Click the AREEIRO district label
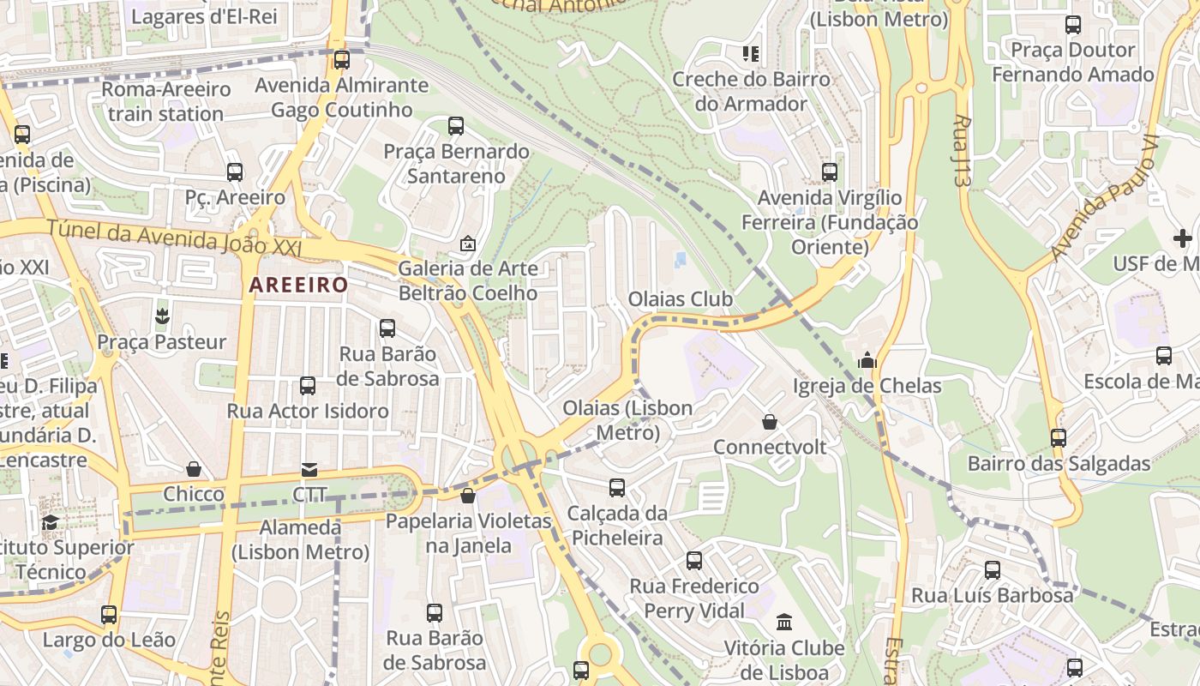pyautogui.click(x=298, y=286)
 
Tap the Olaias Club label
pyautogui.click(x=681, y=299)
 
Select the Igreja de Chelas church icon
pyautogui.click(x=867, y=360)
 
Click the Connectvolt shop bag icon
pyautogui.click(x=770, y=422)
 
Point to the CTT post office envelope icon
pyautogui.click(x=309, y=470)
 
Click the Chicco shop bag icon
pyautogui.click(x=194, y=469)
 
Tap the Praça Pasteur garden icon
pyautogui.click(x=161, y=316)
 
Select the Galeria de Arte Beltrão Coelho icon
pyautogui.click(x=468, y=244)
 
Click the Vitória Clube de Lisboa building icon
pyautogui.click(x=784, y=622)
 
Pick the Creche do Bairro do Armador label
pyautogui.click(x=751, y=92)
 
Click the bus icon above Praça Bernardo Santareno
pyautogui.click(x=456, y=126)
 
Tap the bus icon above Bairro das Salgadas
pyautogui.click(x=1059, y=438)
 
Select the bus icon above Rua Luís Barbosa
pyautogui.click(x=992, y=569)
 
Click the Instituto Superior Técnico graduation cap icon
pyautogui.click(x=51, y=522)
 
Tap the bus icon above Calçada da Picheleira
pyautogui.click(x=616, y=488)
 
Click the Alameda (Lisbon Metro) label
pyautogui.click(x=300, y=539)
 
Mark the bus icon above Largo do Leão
pyautogui.click(x=109, y=615)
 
